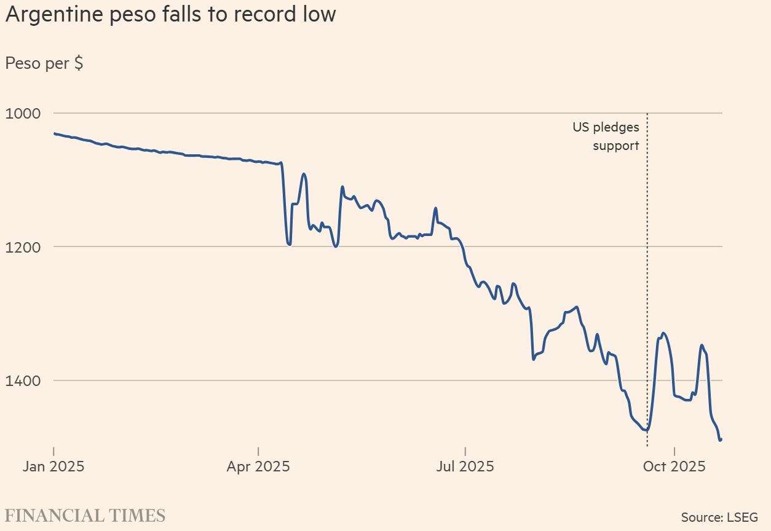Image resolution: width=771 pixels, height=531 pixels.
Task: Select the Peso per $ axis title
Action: point(44,63)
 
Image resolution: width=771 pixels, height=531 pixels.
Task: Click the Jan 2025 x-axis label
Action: point(53,466)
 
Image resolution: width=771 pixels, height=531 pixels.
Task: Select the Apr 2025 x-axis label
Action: point(258,466)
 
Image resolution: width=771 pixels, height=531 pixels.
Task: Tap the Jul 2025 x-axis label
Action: point(465,466)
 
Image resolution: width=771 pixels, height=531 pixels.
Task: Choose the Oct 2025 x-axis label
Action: point(674,466)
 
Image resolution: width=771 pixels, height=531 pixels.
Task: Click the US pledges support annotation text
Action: point(606,136)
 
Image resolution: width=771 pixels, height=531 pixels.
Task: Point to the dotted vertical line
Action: point(647,277)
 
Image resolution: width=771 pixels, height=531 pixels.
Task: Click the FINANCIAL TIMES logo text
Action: point(85,515)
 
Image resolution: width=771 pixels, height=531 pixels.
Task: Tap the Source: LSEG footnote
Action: point(719,517)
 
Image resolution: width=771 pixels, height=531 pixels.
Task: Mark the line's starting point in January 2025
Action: point(54,133)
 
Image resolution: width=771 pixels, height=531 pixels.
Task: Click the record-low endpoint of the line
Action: point(720,439)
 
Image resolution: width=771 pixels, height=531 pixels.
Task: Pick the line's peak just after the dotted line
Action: point(663,333)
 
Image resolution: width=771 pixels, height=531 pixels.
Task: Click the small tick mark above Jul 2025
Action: point(465,449)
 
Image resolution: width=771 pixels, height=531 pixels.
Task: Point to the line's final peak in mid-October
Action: point(702,345)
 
